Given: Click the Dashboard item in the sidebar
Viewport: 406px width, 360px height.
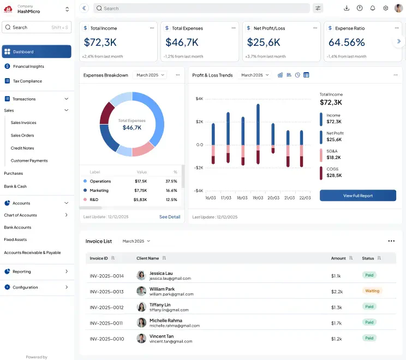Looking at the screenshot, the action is (x=37, y=51).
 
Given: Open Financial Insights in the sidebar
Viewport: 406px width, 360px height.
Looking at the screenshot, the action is (x=28, y=66).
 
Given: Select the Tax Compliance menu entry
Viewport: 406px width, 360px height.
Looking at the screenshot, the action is (x=27, y=81).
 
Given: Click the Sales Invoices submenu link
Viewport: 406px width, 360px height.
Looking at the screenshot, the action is (x=23, y=122).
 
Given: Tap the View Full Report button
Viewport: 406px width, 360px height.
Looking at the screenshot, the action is (x=358, y=196).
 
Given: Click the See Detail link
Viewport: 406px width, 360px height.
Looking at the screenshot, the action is (x=170, y=217).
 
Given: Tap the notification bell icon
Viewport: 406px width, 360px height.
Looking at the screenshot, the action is (x=373, y=8).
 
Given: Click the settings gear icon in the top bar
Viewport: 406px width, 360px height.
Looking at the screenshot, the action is (x=386, y=8).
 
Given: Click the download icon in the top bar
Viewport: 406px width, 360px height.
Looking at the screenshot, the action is (x=347, y=8).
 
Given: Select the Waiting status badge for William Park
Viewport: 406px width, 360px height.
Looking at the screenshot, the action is (x=372, y=291).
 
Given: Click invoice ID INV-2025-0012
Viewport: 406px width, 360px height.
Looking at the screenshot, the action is (x=106, y=308).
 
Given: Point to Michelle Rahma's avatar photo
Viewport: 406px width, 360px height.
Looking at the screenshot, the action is (x=141, y=322).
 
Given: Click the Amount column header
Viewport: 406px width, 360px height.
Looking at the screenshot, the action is (x=338, y=258).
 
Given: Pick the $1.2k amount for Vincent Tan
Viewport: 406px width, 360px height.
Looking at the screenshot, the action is (x=336, y=339).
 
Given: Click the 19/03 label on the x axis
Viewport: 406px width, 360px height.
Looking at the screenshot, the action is (x=258, y=198).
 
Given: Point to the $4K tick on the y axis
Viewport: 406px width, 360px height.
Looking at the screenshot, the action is (x=199, y=98).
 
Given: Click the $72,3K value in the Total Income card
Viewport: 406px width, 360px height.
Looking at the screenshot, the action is (x=100, y=42).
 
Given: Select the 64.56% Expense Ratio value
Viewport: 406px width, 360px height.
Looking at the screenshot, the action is (x=347, y=42).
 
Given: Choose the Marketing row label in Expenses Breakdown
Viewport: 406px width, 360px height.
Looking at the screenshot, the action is (x=99, y=190).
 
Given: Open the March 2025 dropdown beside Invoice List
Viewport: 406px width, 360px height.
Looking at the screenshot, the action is (x=136, y=241).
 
